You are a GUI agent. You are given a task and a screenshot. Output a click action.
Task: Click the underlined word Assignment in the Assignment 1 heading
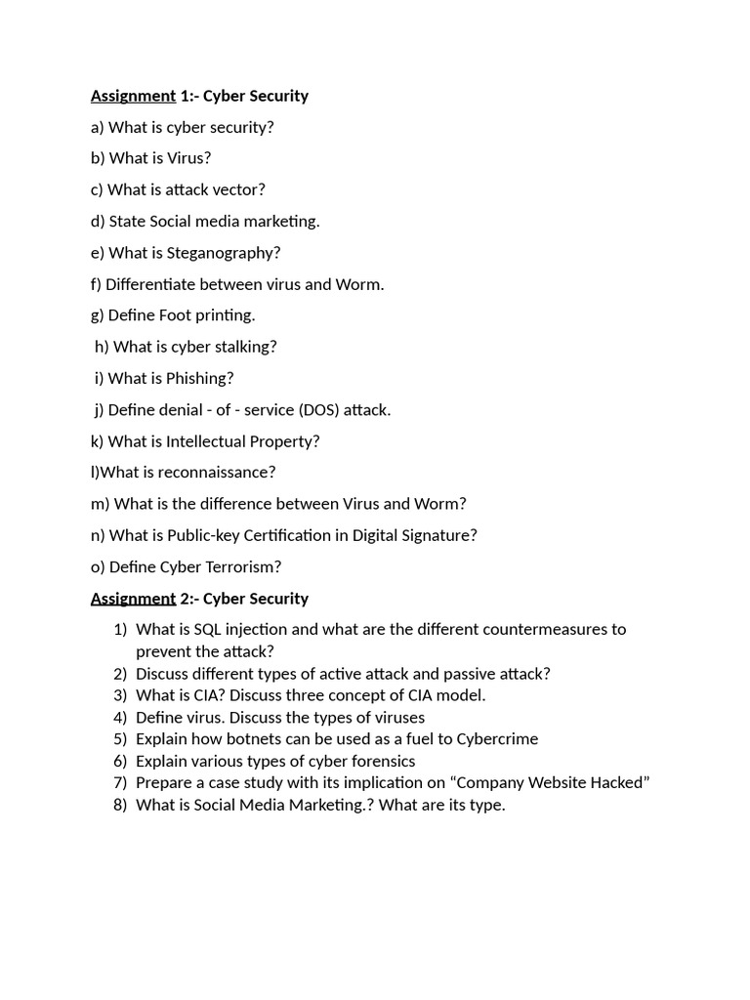[x=133, y=96]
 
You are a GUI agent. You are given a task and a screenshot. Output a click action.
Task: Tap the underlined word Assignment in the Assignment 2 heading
[x=133, y=599]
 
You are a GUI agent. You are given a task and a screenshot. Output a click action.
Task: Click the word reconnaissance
[x=218, y=473]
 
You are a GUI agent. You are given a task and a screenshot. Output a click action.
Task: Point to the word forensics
[x=379, y=761]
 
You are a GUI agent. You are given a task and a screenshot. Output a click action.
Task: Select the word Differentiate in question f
[x=150, y=284]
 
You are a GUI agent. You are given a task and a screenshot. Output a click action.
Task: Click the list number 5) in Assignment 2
[x=120, y=739]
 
